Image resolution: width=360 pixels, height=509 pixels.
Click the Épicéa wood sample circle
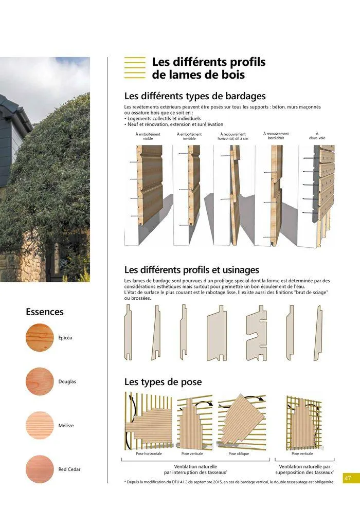[39, 337]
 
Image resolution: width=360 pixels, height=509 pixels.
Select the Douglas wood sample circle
[39, 381]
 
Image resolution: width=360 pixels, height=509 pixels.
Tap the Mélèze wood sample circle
[39, 425]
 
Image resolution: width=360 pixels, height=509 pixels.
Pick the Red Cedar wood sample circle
[39, 469]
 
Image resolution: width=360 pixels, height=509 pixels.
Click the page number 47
[348, 478]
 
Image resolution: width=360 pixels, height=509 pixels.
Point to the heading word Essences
[45, 312]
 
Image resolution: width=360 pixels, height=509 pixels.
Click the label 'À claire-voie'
[317, 136]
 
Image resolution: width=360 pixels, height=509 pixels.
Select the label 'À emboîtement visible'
[148, 136]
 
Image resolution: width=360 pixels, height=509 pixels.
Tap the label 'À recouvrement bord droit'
[276, 136]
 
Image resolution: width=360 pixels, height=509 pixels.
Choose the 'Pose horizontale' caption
[149, 454]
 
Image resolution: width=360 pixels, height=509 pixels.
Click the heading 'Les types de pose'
[163, 382]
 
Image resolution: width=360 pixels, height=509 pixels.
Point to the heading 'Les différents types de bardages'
[195, 96]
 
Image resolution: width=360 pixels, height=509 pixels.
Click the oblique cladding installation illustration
[241, 420]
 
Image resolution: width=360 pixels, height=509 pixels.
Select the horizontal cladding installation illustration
[149, 420]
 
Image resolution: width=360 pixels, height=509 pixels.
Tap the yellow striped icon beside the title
[135, 68]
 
